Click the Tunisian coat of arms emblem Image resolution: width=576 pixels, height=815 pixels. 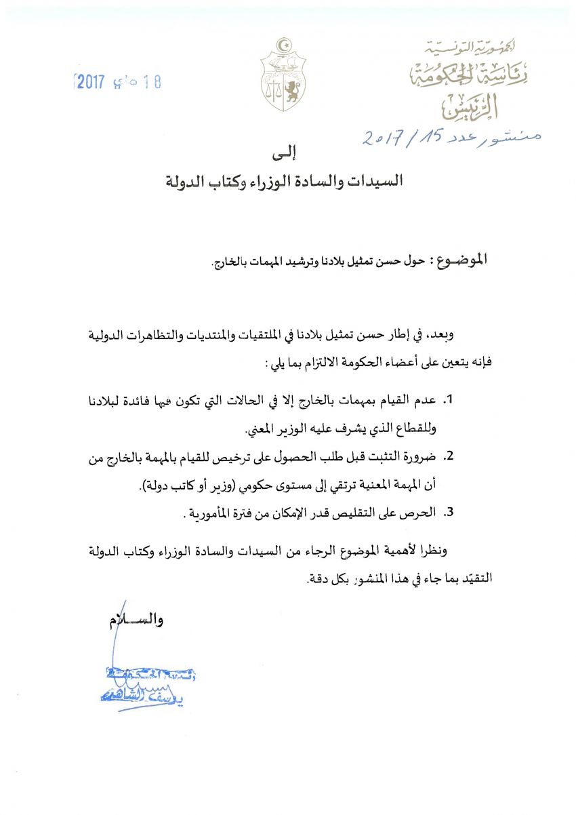pyautogui.click(x=283, y=75)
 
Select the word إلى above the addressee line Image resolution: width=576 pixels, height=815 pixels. pyautogui.click(x=287, y=155)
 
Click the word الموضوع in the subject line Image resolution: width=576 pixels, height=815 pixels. pyautogui.click(x=459, y=260)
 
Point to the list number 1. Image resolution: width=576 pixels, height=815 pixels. pyautogui.click(x=448, y=401)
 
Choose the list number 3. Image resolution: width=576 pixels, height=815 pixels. pyautogui.click(x=448, y=513)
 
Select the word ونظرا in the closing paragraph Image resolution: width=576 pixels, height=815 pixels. pyautogui.click(x=464, y=551)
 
